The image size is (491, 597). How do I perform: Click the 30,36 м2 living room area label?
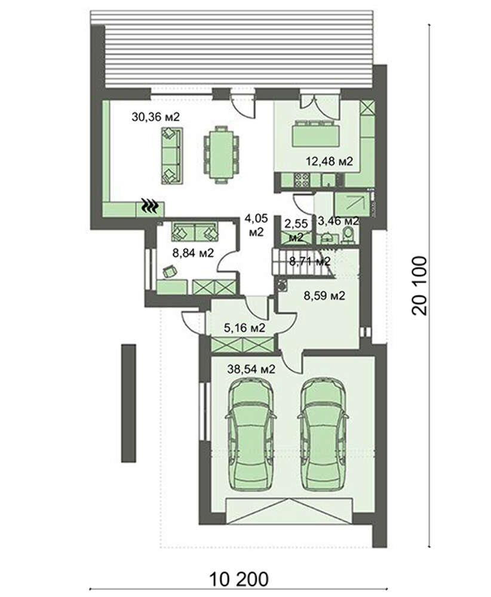pyautogui.click(x=155, y=116)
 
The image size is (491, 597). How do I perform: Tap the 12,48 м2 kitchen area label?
pyautogui.click(x=330, y=161)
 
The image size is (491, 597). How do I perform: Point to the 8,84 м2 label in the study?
pyautogui.click(x=193, y=253)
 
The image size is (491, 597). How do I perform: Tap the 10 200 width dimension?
pyautogui.click(x=239, y=580)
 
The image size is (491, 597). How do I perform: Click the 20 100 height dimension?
pyautogui.click(x=420, y=285)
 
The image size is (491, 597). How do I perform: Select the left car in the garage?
pyautogui.click(x=251, y=433)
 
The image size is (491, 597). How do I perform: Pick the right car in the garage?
pyautogui.click(x=323, y=433)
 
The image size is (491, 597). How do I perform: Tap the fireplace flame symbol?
pyautogui.click(x=151, y=206)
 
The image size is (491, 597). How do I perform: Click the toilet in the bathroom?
pyautogui.click(x=347, y=235)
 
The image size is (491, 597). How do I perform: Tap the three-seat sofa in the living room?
pyautogui.click(x=171, y=156)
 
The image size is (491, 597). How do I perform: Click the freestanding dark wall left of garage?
pyautogui.click(x=128, y=403)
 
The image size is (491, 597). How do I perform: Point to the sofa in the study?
pyautogui.click(x=195, y=231)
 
